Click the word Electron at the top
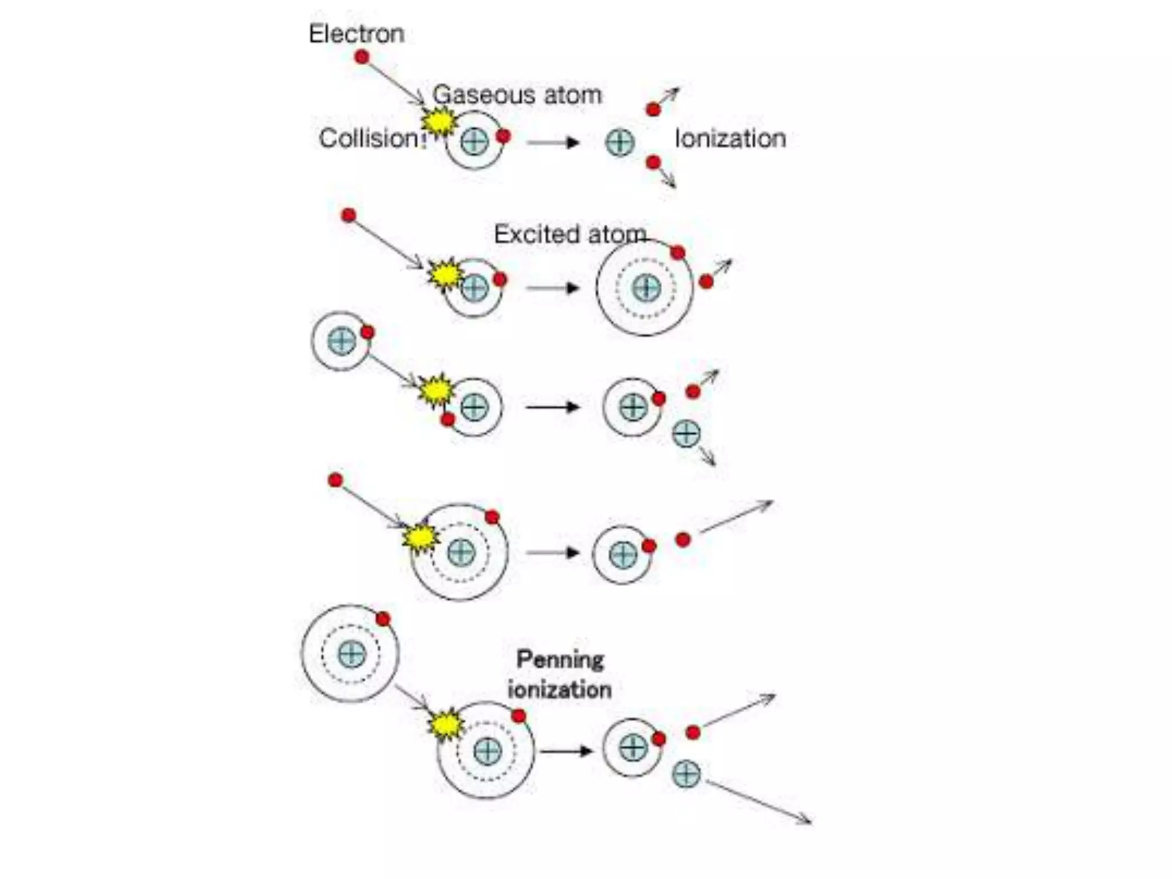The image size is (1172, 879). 356,34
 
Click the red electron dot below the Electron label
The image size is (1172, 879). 362,57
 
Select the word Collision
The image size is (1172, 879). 369,138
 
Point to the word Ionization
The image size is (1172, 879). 730,138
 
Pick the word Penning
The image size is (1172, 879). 560,660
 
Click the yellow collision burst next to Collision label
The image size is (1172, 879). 439,121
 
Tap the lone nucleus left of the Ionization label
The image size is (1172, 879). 620,142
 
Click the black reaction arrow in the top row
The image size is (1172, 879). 553,142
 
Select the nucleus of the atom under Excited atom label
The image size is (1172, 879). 646,287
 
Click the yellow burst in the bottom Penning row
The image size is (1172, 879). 446,725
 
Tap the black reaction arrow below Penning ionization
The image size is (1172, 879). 567,751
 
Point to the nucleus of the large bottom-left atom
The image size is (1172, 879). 351,654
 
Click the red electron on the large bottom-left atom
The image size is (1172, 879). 383,619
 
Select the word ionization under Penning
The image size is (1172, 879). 559,690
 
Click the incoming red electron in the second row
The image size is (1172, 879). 349,216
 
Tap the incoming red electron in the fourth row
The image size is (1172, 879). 336,480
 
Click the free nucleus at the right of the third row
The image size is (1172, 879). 686,433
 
